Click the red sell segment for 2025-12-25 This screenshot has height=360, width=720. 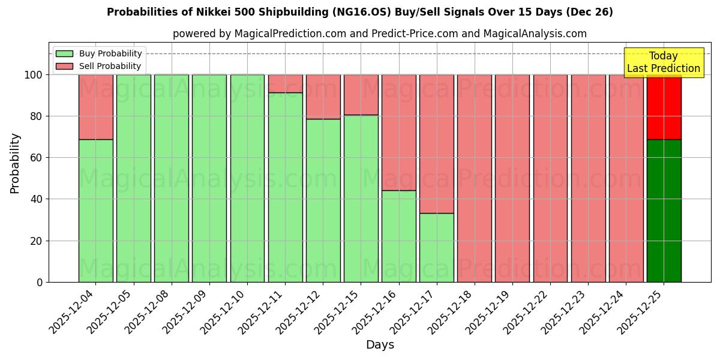664,107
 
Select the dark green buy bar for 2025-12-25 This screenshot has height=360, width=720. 664,211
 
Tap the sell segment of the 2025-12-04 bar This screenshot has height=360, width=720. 96,107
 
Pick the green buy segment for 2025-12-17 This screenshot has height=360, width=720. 437,247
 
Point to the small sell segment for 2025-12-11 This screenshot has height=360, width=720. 286,83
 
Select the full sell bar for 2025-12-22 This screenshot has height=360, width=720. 550,178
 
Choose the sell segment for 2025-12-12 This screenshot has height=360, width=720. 323,97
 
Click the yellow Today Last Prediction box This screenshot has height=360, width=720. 664,62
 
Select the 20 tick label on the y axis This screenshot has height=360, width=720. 36,241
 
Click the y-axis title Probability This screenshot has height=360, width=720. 15,163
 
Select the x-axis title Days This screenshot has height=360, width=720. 380,345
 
